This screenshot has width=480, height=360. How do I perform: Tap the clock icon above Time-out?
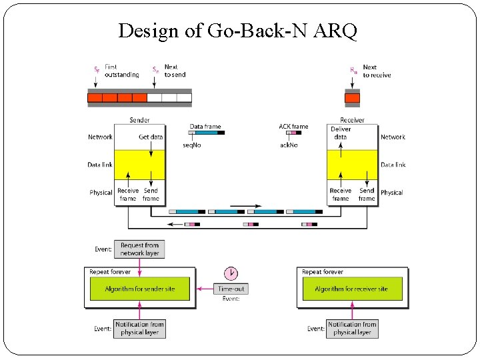click(x=231, y=273)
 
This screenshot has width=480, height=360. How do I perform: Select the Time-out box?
click(x=231, y=289)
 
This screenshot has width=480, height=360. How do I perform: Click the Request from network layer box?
click(x=139, y=249)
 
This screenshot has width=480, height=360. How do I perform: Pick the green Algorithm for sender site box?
click(x=140, y=289)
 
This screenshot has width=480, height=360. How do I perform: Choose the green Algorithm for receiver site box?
click(x=351, y=289)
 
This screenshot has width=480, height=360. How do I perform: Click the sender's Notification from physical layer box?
click(x=139, y=328)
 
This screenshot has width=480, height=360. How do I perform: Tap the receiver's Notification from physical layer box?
click(x=352, y=328)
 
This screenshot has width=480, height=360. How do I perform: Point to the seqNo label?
click(x=192, y=145)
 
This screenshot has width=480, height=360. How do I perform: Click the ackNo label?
click(x=289, y=145)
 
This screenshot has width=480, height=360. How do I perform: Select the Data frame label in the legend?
click(x=205, y=126)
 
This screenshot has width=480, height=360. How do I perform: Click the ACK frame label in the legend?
click(x=293, y=126)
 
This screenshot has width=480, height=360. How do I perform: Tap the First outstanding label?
click(x=122, y=71)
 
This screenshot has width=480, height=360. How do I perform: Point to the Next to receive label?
click(x=377, y=71)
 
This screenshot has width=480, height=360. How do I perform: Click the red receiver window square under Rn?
click(x=352, y=98)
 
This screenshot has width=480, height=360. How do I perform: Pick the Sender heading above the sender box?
click(x=139, y=120)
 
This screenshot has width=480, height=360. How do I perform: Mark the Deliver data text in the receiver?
click(x=340, y=133)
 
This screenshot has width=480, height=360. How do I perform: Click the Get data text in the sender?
click(x=151, y=137)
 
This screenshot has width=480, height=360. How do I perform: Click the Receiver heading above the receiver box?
click(x=352, y=120)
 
